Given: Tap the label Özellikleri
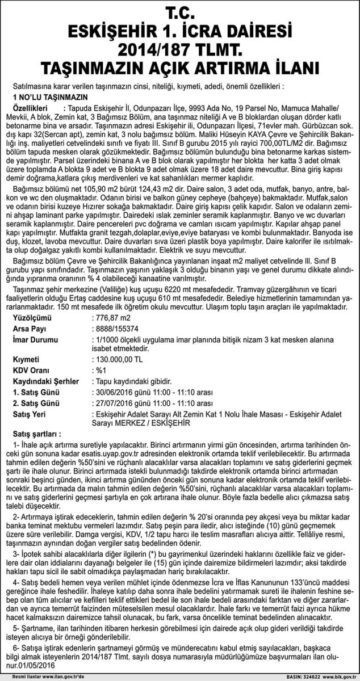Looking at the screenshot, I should (x=36, y=108).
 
